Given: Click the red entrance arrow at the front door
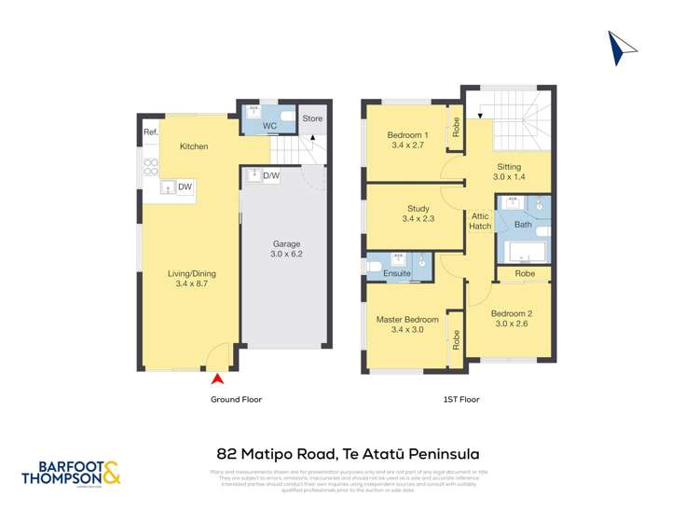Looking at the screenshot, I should coord(218,379).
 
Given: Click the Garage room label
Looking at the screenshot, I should coord(286,247).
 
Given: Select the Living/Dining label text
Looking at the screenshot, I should coord(190,279).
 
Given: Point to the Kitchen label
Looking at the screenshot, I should coord(194,147).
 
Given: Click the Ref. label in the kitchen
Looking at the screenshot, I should coord(150,133).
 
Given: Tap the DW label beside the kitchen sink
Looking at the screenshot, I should coord(185,187).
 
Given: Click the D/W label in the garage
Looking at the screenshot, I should coord(271,175).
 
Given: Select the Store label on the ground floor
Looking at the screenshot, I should coord(312,118).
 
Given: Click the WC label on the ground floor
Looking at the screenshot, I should coord(268,125).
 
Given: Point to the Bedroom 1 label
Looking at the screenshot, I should coord(407,140).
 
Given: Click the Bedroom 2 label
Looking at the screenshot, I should coord(510,318).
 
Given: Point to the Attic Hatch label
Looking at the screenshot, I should coord(480,221).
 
